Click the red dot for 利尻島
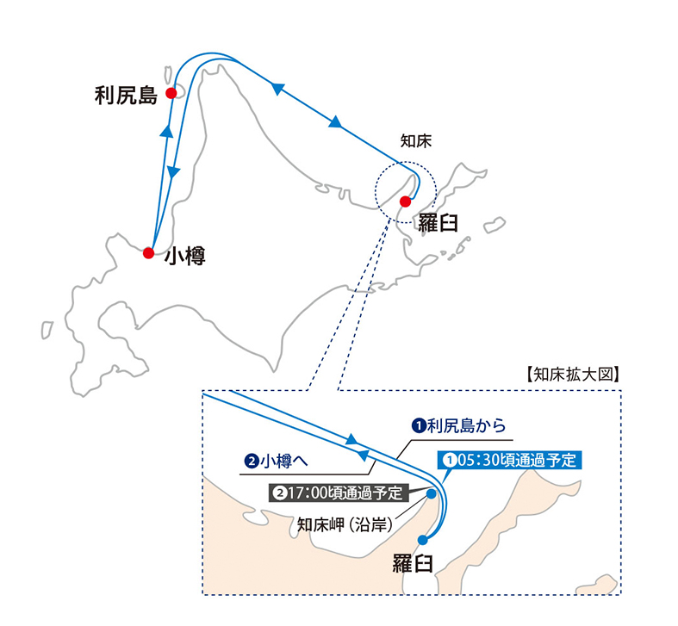tap(171, 93)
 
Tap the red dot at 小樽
tap(149, 253)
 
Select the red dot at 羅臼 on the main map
tap(405, 201)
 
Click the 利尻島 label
tap(126, 96)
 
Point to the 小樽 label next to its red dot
tap(185, 256)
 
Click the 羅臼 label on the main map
tap(438, 223)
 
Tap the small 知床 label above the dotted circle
tap(416, 141)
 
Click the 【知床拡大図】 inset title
tap(573, 375)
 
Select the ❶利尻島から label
tap(458, 426)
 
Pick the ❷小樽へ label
tap(276, 461)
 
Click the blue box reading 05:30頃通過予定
tap(510, 460)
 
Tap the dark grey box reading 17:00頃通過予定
tap(339, 493)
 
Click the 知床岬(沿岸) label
tap(345, 525)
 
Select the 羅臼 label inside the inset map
tap(413, 563)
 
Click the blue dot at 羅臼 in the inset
tap(422, 540)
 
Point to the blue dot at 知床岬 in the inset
tap(431, 493)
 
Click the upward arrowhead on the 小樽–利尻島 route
tap(166, 131)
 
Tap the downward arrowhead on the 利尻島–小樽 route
tap(173, 172)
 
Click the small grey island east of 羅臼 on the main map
tap(495, 225)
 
